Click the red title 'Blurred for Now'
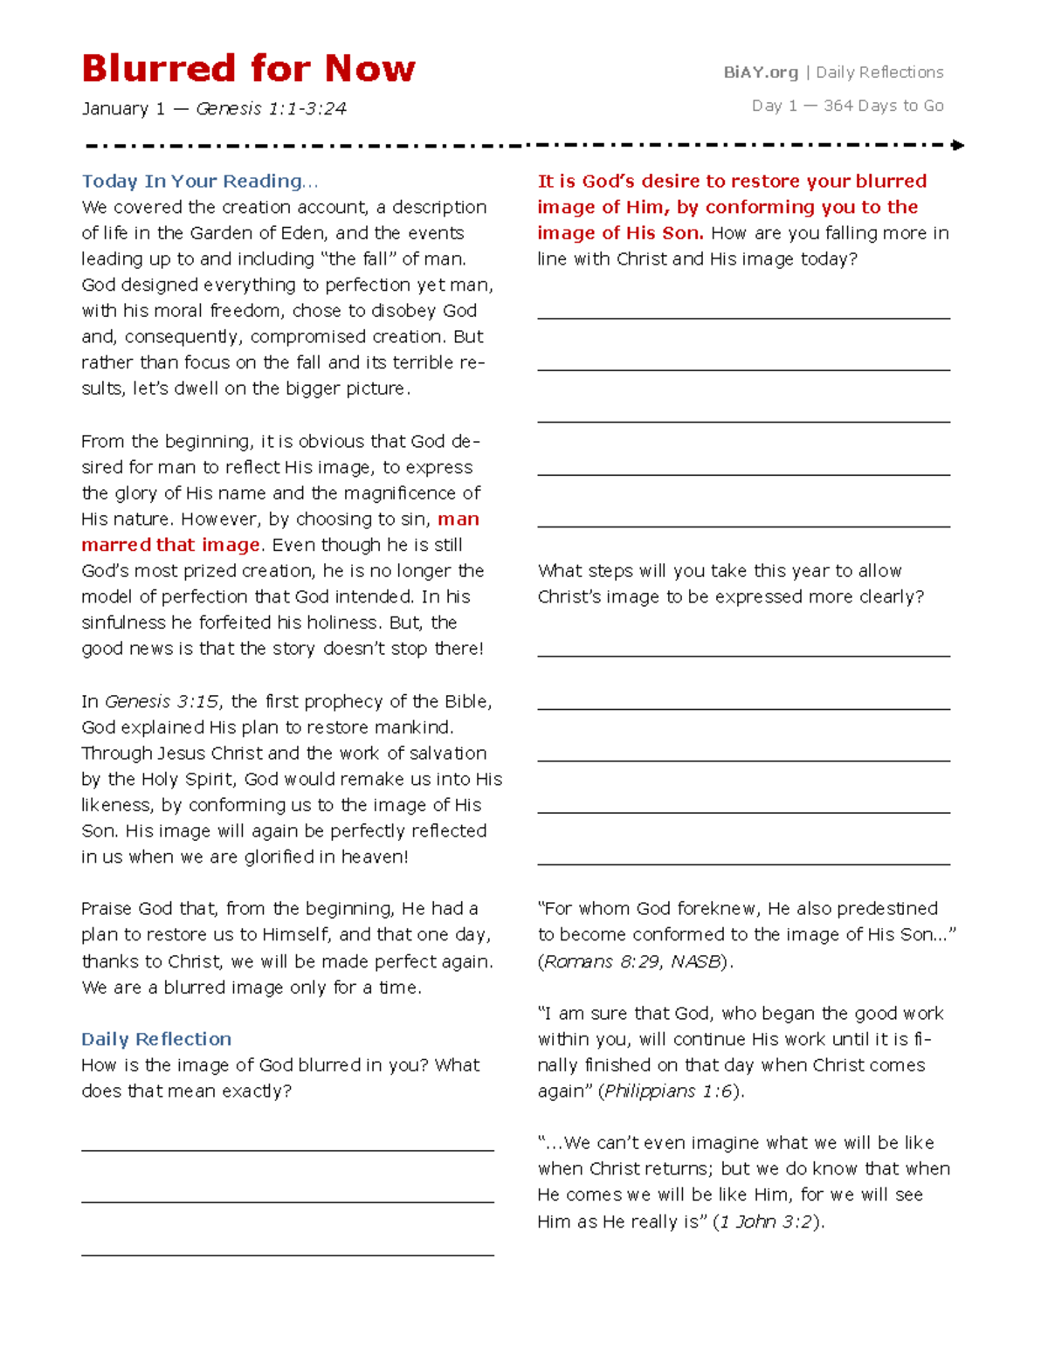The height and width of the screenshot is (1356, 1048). pyautogui.click(x=248, y=68)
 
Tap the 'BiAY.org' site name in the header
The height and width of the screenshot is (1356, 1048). pyautogui.click(x=760, y=72)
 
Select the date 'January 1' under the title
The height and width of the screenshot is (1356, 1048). pyautogui.click(x=123, y=109)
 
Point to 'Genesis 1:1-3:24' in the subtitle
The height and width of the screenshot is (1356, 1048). pyautogui.click(x=271, y=109)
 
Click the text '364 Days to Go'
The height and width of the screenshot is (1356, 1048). pyautogui.click(x=883, y=106)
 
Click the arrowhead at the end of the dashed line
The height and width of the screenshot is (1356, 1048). pyautogui.click(x=958, y=145)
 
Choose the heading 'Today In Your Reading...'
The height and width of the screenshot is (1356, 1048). pyautogui.click(x=199, y=182)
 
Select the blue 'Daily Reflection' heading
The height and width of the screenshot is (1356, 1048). pyautogui.click(x=156, y=1039)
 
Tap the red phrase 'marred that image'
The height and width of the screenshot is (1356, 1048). pyautogui.click(x=170, y=545)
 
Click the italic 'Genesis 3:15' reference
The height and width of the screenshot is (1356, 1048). pyautogui.click(x=162, y=702)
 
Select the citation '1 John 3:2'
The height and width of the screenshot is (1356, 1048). pyautogui.click(x=766, y=1222)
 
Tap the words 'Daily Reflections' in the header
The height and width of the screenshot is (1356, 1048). pyautogui.click(x=879, y=72)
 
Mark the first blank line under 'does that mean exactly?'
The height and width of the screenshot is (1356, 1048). pyautogui.click(x=287, y=1150)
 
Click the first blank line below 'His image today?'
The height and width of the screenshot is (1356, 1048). pyautogui.click(x=743, y=318)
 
